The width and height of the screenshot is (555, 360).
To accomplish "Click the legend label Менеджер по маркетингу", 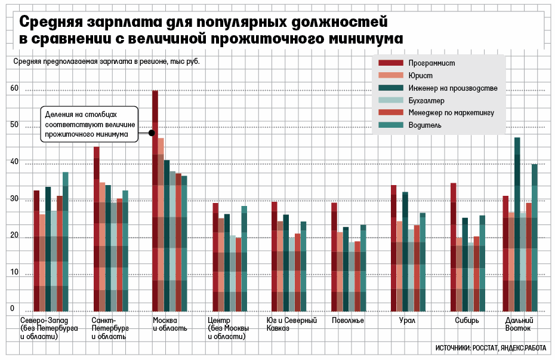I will point(451,112).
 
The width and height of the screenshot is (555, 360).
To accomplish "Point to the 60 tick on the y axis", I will point(14,89).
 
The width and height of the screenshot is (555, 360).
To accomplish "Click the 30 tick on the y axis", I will point(14,199).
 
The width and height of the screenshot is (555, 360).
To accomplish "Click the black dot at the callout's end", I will point(152,133).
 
